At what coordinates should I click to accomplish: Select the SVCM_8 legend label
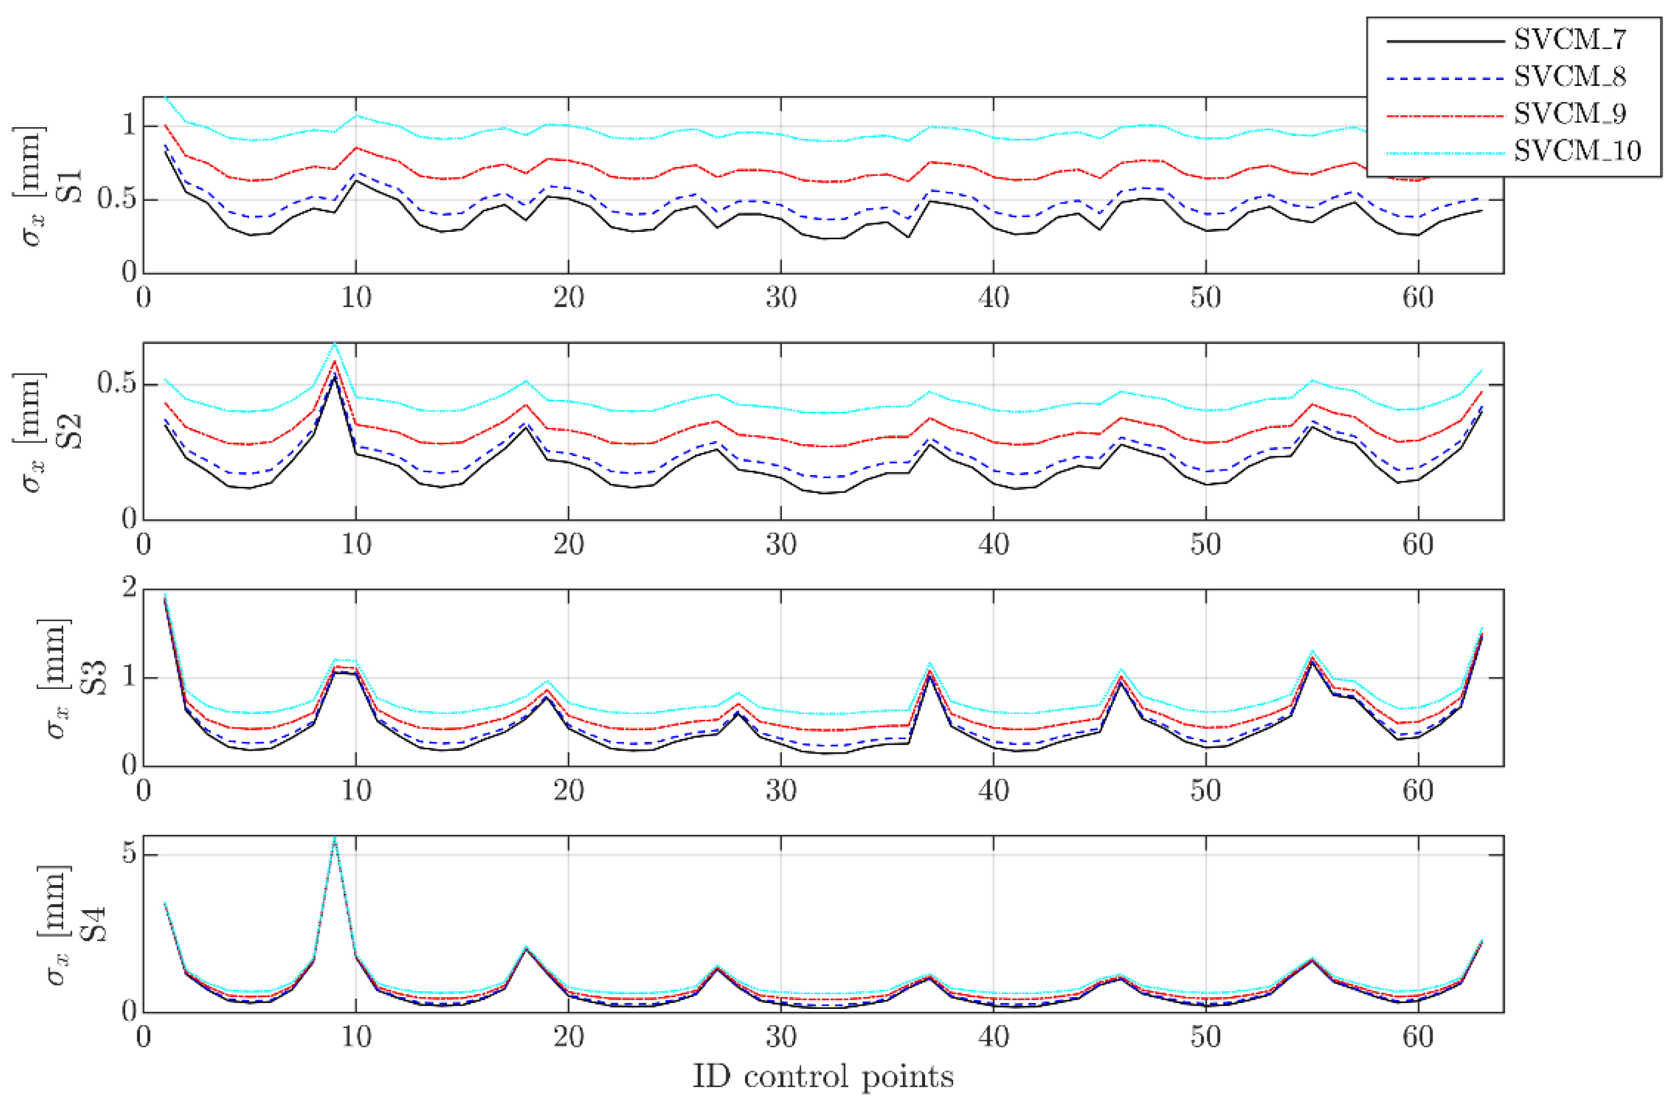coord(1569,77)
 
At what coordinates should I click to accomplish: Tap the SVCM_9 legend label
coord(1569,113)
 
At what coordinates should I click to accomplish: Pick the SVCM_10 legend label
coord(1577,150)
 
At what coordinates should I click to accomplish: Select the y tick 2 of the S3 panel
coord(129,590)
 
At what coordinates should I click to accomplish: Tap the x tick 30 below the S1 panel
coord(781,298)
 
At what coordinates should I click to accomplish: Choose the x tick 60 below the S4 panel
coord(1418,1037)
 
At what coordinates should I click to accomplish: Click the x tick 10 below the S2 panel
coord(356,545)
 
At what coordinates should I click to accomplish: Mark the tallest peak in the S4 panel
coord(335,839)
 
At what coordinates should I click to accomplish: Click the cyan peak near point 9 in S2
coord(335,344)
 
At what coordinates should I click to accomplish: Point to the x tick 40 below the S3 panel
coord(993,791)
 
